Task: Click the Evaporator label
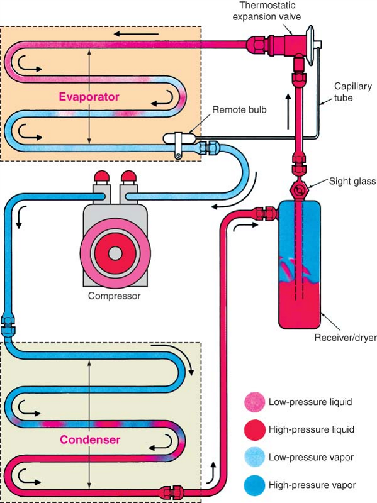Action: pos(89,97)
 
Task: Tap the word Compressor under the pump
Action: pos(115,295)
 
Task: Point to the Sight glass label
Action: pos(352,182)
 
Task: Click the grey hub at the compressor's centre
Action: pos(115,253)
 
